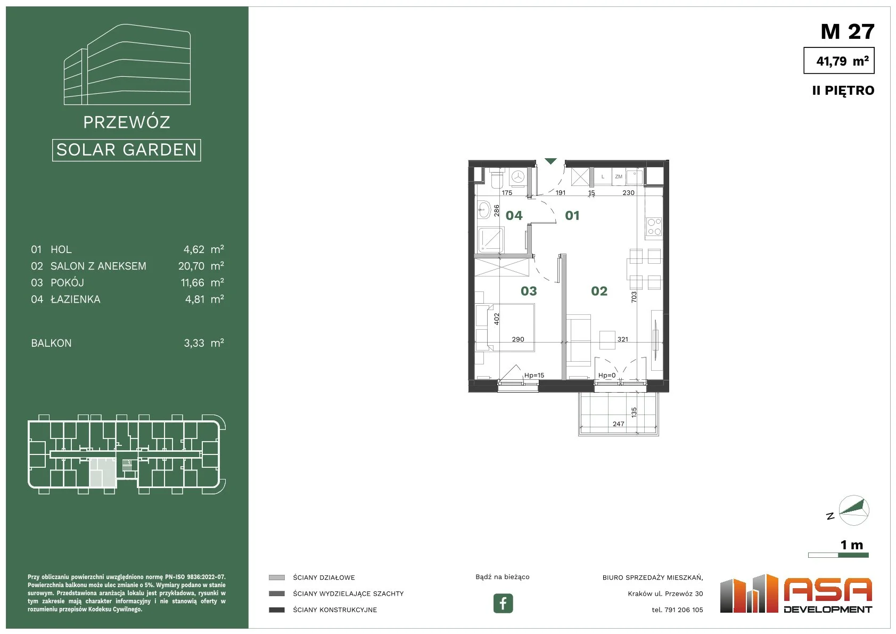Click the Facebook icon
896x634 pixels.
click(503, 603)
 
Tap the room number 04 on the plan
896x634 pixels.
click(514, 216)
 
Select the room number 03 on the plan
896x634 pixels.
click(529, 291)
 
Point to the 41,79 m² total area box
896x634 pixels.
click(839, 60)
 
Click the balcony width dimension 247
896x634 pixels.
click(619, 424)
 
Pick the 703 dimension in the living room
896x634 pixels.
click(634, 297)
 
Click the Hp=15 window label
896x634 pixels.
click(535, 376)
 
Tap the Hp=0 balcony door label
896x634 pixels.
click(607, 376)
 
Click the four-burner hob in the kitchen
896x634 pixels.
click(654, 227)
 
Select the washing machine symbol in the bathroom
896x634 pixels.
click(519, 176)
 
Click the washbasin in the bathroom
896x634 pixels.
click(484, 209)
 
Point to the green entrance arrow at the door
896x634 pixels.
click(551, 161)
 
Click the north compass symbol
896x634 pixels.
click(853, 510)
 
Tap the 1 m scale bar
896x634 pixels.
click(839, 555)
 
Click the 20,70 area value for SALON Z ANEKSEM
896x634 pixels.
click(191, 266)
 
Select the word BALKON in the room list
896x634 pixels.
click(51, 344)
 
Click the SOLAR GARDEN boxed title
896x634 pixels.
click(126, 150)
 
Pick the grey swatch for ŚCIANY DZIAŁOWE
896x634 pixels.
click(277, 578)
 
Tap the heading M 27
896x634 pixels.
click(848, 31)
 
